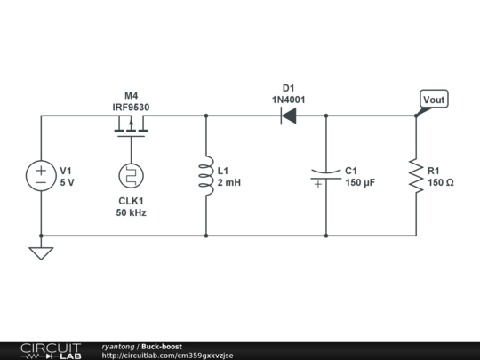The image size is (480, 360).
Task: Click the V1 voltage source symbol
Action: [x=41, y=175]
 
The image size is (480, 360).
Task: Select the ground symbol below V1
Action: [x=41, y=252]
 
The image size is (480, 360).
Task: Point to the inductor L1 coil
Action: [x=206, y=175]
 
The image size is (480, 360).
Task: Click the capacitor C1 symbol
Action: [x=326, y=175]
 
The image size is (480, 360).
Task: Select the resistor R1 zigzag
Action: [x=415, y=175]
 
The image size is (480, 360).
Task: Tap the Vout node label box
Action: [x=434, y=100]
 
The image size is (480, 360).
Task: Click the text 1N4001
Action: [x=288, y=100]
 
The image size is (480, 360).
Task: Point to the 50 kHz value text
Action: [x=131, y=213]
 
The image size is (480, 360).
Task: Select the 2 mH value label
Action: [x=229, y=182]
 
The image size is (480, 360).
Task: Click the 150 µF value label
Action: [x=361, y=182]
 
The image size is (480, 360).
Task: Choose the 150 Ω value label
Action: [x=441, y=182]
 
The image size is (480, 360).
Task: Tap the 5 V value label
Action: [x=68, y=182]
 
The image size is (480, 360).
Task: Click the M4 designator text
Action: [x=131, y=95]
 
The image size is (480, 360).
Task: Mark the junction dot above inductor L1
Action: [x=206, y=116]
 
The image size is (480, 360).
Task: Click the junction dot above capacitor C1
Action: [x=326, y=116]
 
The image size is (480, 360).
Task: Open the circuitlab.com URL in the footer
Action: [x=168, y=356]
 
